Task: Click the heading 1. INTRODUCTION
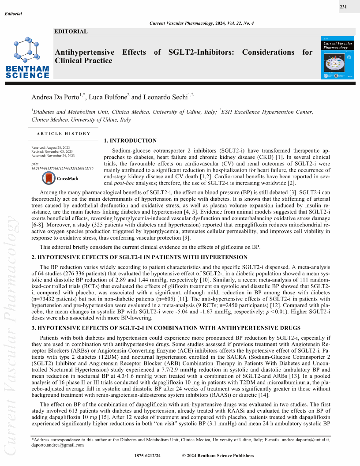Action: pyautogui.click(x=130, y=141)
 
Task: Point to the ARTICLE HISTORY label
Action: pyautogui.click(x=64, y=133)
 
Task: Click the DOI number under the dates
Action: pyautogui.click(x=62, y=169)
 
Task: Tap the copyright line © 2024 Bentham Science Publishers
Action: pyautogui.click(x=218, y=455)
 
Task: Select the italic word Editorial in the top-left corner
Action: pyautogui.click(x=13, y=14)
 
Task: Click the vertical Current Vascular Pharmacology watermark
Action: pyautogui.click(x=12, y=335)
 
